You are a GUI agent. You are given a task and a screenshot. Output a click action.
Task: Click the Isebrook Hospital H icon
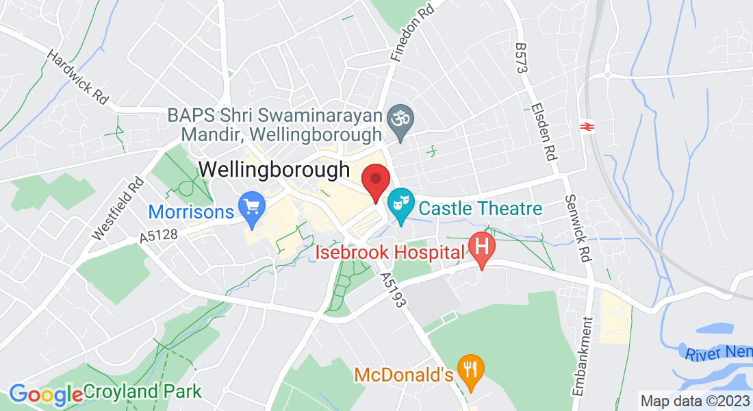click(x=482, y=247)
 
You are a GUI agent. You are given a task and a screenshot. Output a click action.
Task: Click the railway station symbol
click(x=586, y=125)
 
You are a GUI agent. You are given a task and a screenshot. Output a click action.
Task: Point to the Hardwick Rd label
click(x=79, y=76)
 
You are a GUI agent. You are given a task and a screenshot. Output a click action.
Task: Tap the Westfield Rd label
click(x=118, y=208)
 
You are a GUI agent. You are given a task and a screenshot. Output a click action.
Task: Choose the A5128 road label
click(x=158, y=236)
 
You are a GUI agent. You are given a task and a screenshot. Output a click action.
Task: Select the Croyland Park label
click(x=142, y=392)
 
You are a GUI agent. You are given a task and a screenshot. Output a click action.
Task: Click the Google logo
click(x=45, y=394)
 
